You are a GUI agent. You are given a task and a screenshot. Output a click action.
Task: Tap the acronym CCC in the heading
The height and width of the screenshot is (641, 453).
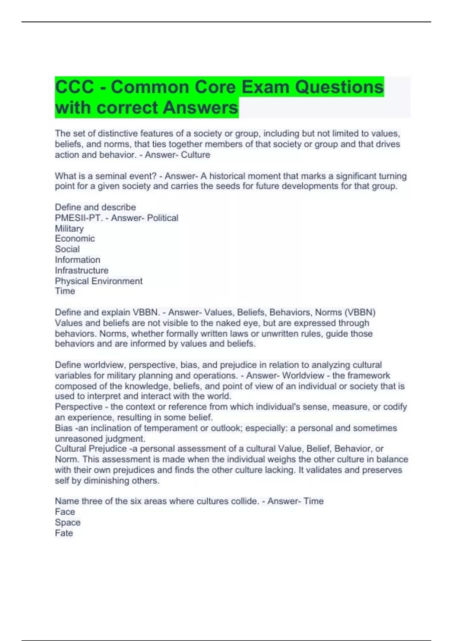(x=74, y=87)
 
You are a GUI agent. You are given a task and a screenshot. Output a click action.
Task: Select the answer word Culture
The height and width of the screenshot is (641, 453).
(x=195, y=155)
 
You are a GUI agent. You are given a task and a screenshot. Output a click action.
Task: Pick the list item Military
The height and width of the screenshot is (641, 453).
(x=69, y=228)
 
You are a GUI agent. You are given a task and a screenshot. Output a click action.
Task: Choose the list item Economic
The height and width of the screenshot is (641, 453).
(x=75, y=239)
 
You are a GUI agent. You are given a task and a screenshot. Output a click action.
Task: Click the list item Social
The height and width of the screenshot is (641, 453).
(x=67, y=249)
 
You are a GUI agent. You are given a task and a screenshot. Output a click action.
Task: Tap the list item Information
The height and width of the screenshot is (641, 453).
(x=77, y=260)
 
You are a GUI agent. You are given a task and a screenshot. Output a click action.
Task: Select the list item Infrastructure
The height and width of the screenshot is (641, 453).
(x=82, y=270)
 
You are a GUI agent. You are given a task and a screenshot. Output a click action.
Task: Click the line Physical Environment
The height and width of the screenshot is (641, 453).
(x=99, y=281)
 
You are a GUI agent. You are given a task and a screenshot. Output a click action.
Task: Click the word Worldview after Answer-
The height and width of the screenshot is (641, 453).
(x=303, y=376)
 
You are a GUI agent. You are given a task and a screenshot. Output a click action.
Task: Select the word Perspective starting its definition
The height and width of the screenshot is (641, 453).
(x=79, y=407)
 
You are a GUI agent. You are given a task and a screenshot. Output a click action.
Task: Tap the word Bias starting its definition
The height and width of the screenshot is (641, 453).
(x=63, y=428)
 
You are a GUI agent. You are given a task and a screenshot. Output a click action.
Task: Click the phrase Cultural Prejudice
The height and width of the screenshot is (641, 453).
(x=91, y=449)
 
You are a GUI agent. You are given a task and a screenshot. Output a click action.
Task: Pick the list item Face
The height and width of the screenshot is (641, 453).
(x=65, y=512)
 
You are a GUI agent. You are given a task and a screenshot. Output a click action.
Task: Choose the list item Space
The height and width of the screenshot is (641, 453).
(x=68, y=523)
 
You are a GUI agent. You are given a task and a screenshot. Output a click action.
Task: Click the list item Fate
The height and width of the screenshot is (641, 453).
(x=64, y=533)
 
